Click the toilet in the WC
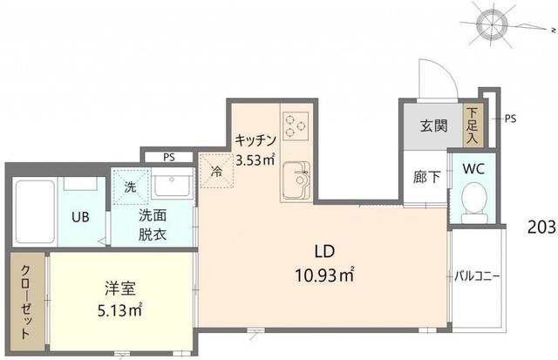click(x=473, y=202)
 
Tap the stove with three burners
click(x=296, y=126)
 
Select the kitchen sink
click(x=296, y=180)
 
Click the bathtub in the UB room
click(x=35, y=212)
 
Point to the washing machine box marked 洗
click(x=131, y=187)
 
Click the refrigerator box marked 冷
click(x=216, y=171)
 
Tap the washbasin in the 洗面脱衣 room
click(x=172, y=184)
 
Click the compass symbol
click(x=493, y=24)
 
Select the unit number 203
click(x=541, y=227)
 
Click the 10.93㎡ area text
click(x=324, y=275)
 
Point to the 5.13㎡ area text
click(x=120, y=310)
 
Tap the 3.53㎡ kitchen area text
click(x=255, y=160)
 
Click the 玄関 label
click(x=433, y=126)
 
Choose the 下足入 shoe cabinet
click(x=473, y=125)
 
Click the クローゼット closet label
click(x=26, y=302)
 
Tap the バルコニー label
click(x=477, y=276)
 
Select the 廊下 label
click(x=427, y=177)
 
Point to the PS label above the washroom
click(x=169, y=157)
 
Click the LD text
click(x=324, y=252)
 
